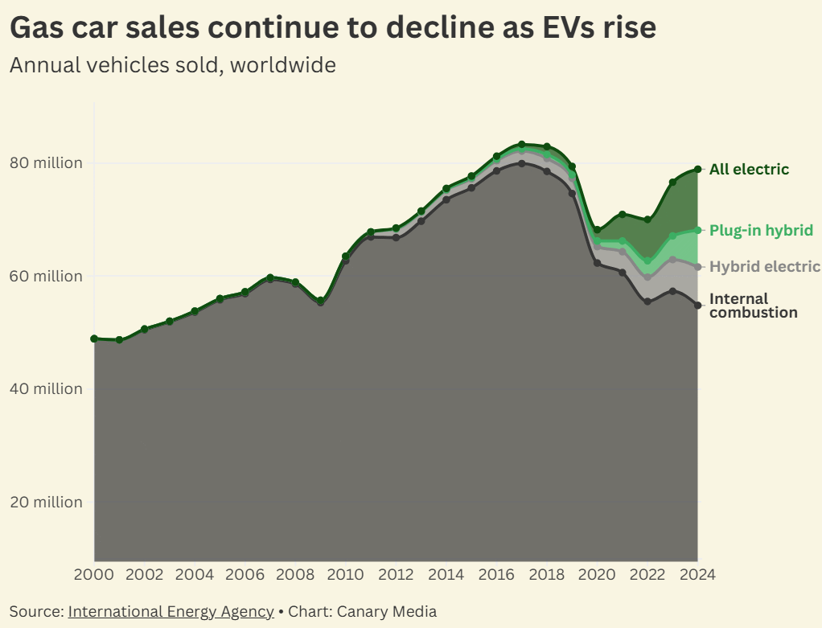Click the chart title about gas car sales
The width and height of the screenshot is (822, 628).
tap(332, 28)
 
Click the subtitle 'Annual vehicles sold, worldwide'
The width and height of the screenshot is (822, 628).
tap(172, 64)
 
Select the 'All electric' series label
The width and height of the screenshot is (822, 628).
tap(749, 169)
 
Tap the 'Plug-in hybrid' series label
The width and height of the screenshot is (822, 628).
tap(761, 230)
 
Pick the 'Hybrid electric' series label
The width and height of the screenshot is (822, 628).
tap(764, 267)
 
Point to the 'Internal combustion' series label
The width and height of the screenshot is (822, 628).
tap(753, 306)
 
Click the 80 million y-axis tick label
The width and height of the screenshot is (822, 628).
tap(46, 162)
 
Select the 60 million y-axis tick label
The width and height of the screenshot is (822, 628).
tap(46, 276)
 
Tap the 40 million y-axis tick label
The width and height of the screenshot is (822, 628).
tap(46, 388)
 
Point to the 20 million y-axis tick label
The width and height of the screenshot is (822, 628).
tap(46, 502)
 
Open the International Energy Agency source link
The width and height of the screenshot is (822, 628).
tap(171, 611)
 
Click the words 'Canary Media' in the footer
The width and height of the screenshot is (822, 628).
tap(388, 611)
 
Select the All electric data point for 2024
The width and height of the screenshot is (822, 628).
tap(697, 169)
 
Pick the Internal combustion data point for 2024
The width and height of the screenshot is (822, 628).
tap(697, 305)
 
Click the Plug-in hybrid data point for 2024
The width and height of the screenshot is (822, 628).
tap(697, 230)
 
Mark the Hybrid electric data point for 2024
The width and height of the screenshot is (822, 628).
tap(697, 267)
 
